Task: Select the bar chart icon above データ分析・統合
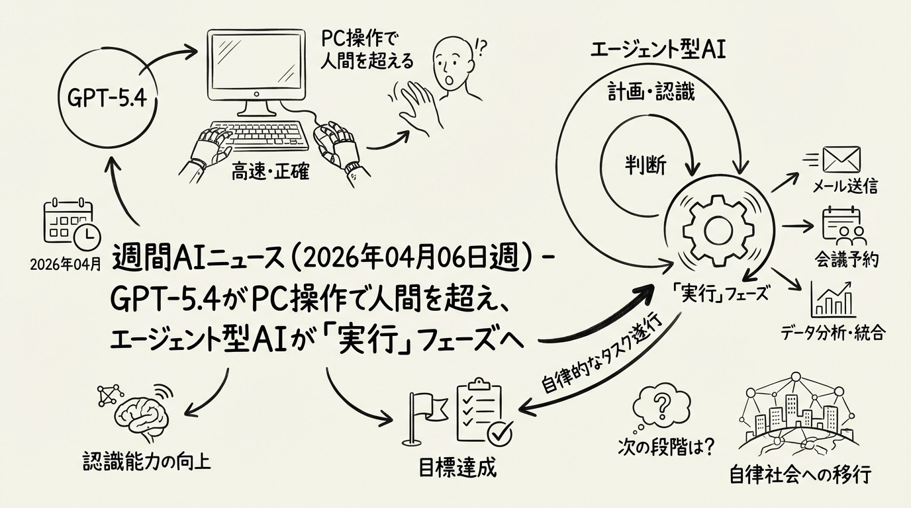click(834, 299)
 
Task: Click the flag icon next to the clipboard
click(422, 414)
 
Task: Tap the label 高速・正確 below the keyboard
click(270, 175)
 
